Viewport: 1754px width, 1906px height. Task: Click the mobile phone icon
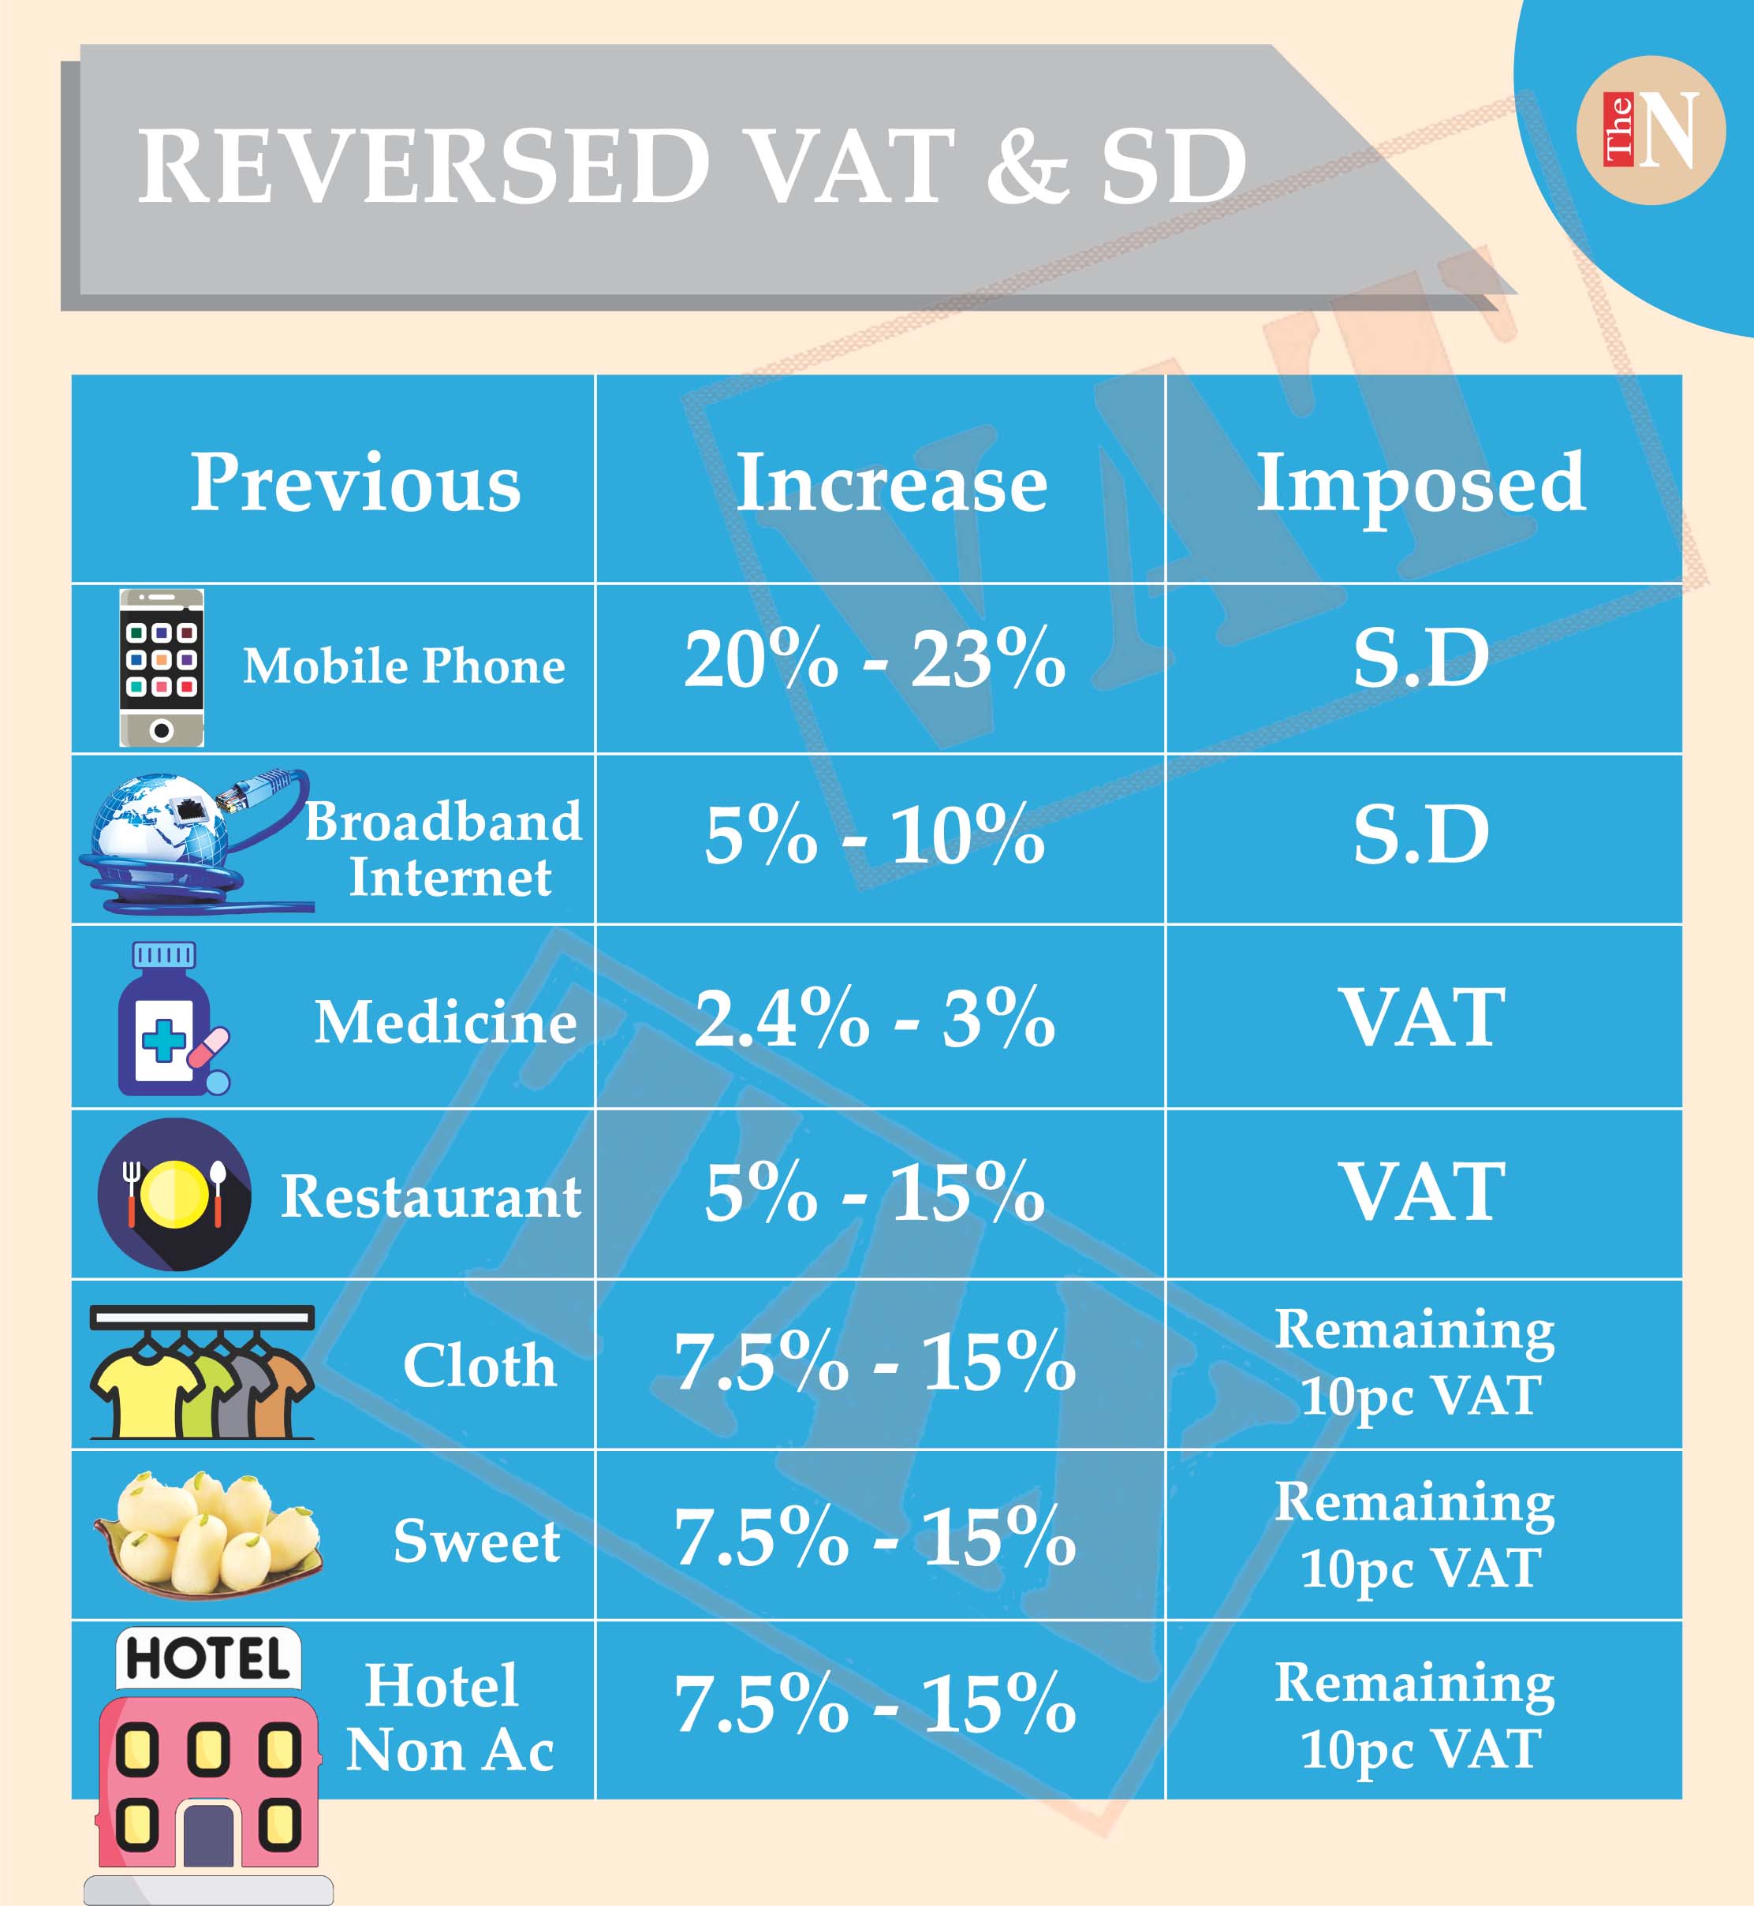click(162, 667)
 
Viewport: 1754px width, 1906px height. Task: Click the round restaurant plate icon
click(174, 1194)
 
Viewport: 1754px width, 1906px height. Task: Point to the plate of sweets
click(209, 1534)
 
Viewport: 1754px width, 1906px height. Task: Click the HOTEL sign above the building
click(208, 1658)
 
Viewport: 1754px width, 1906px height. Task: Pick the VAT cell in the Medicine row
click(1422, 1017)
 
